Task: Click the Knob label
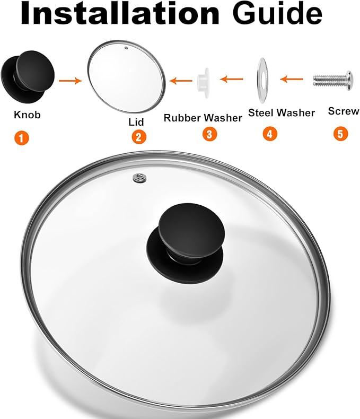27,115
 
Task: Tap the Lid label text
136,121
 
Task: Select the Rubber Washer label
203,118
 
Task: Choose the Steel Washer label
282,112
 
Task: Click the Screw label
344,111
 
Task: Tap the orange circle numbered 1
21,138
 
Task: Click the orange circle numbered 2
138,137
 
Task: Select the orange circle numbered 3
210,134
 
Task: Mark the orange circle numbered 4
270,134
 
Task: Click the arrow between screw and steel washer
291,80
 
